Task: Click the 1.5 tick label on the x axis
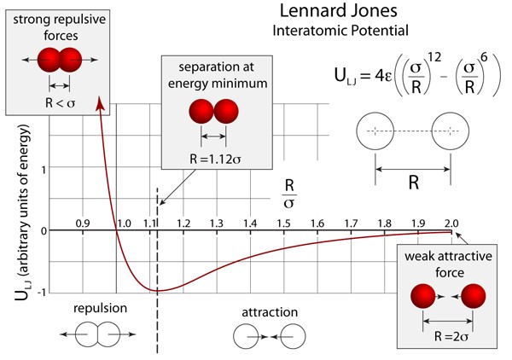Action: tap(282, 223)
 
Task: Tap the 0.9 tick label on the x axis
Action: tap(82, 223)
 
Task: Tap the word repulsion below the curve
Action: tap(100, 309)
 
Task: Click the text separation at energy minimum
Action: tap(211, 76)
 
